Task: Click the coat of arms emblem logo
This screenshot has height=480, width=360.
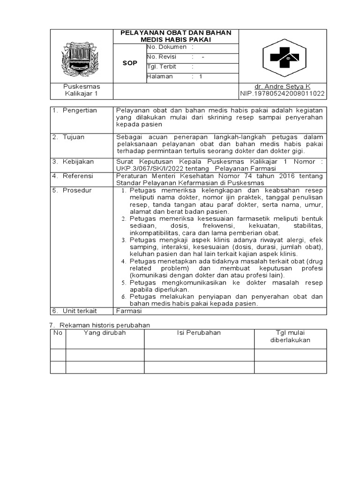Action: click(81, 59)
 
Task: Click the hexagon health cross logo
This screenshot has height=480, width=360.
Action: click(282, 57)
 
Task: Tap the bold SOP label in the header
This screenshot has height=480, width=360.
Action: click(130, 63)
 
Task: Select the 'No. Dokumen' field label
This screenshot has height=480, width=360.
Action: click(166, 47)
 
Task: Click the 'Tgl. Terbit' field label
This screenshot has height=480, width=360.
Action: click(162, 67)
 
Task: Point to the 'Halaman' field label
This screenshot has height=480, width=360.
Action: click(160, 76)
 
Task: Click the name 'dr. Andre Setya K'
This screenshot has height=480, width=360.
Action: click(282, 87)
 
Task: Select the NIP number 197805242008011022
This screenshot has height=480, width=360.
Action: click(282, 94)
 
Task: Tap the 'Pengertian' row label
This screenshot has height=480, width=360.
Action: click(81, 110)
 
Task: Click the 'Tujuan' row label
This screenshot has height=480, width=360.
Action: click(75, 137)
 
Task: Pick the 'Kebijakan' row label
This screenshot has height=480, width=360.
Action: click(79, 162)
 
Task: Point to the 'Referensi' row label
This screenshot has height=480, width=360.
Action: click(79, 176)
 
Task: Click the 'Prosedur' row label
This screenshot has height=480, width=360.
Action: click(78, 190)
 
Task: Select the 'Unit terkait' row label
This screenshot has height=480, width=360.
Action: click(81, 311)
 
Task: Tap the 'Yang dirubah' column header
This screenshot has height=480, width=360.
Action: click(105, 333)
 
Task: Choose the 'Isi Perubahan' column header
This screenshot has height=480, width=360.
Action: click(199, 333)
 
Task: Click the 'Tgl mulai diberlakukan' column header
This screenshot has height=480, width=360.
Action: click(290, 337)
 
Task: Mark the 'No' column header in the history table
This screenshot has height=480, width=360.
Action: click(58, 333)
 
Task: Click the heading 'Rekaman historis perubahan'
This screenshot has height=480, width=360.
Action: click(104, 325)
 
